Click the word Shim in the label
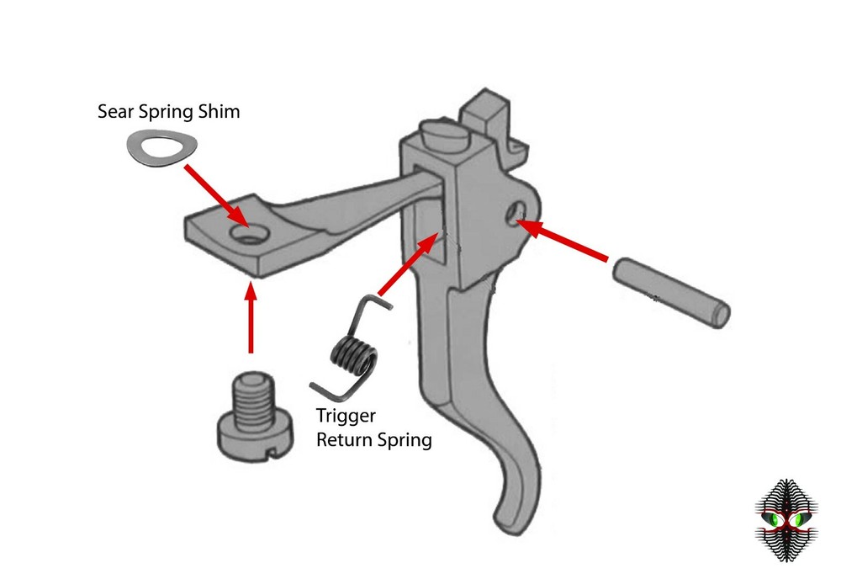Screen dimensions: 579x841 [x=219, y=111]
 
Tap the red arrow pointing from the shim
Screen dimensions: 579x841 [x=214, y=195]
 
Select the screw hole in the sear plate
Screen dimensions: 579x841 [x=247, y=233]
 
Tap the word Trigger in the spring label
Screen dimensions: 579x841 [x=346, y=416]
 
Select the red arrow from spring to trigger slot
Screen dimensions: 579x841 [x=413, y=264]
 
